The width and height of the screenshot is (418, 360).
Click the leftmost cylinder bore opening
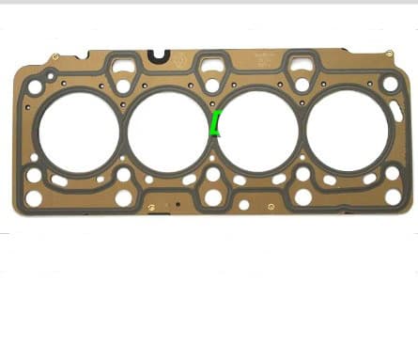[79, 133]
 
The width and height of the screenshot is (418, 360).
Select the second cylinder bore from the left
[166, 131]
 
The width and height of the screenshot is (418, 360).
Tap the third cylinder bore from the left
[256, 131]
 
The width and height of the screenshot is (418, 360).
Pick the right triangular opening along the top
[302, 67]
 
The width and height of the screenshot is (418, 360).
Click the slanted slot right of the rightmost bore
[392, 111]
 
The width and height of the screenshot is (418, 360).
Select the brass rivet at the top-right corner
[389, 56]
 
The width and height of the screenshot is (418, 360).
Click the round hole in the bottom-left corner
[34, 198]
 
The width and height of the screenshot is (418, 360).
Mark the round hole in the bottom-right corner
[393, 196]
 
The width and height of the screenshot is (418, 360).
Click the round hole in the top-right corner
[391, 84]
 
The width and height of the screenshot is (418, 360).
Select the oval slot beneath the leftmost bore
[59, 179]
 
